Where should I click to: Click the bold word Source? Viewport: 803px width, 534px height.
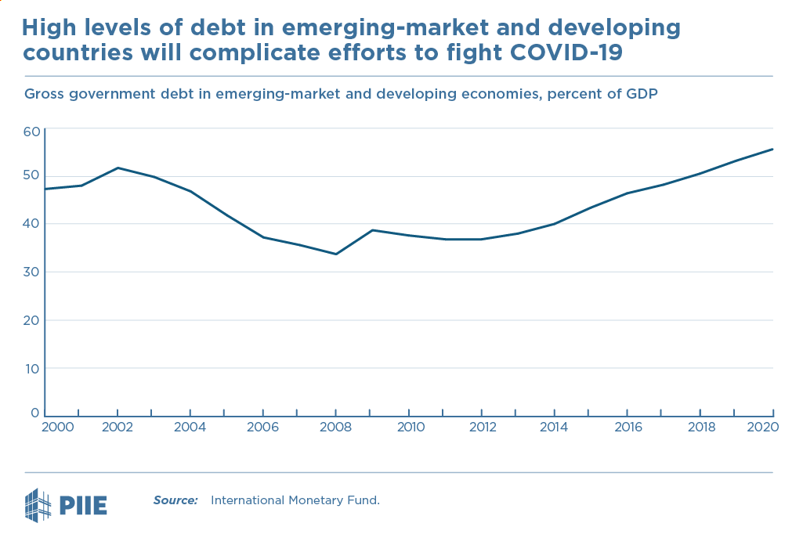(x=175, y=500)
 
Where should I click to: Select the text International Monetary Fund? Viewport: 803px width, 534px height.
(x=295, y=500)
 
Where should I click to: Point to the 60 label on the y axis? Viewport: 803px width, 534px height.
(x=31, y=132)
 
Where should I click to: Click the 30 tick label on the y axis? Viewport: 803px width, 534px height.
(x=31, y=272)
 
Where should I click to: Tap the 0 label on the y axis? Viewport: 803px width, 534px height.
(x=35, y=413)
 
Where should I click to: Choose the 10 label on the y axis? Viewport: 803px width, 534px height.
(x=31, y=368)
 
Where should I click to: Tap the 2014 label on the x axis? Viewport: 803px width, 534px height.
(x=554, y=427)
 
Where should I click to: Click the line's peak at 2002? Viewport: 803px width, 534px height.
(x=118, y=168)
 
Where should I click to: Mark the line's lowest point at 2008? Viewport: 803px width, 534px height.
(x=336, y=254)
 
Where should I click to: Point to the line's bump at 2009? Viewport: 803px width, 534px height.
(x=372, y=230)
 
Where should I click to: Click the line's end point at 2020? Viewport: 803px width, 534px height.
(x=772, y=149)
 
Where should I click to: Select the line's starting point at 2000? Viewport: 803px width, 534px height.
(x=45, y=189)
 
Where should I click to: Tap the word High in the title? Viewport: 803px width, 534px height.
(x=49, y=29)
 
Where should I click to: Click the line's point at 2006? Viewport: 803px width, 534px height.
(x=263, y=237)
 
